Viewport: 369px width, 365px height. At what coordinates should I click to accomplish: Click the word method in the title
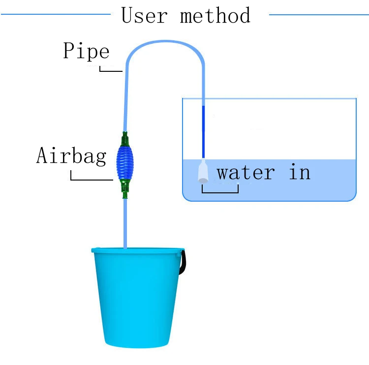coord(215,15)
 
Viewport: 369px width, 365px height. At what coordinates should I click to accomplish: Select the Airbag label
coord(71,156)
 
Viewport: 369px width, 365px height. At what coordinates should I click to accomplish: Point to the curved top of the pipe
coord(165,43)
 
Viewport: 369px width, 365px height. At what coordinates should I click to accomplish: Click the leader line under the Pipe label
coord(111,71)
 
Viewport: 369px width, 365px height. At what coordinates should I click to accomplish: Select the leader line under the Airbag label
coord(92,179)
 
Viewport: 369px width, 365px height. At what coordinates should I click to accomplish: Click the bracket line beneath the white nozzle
coord(220,191)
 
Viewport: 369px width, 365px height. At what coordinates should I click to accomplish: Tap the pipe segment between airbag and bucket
coord(125,221)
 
